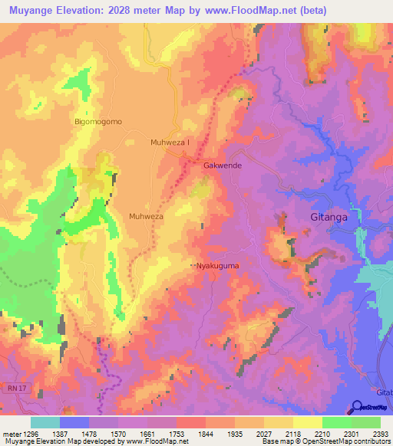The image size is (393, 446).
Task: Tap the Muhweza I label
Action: point(170,143)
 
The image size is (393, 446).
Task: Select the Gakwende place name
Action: point(223,166)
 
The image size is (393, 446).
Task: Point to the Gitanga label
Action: point(329,217)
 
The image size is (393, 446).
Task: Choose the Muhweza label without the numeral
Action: point(146,217)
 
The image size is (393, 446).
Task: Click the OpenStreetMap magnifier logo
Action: point(358,407)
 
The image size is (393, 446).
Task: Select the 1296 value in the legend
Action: point(28,433)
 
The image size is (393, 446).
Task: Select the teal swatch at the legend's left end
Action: point(45,422)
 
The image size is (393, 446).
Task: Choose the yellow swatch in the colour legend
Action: point(307,422)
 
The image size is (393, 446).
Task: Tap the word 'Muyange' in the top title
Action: point(29,11)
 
